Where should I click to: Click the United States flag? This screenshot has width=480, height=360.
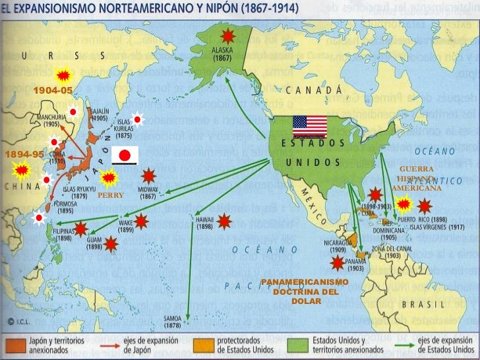pyautogui.click(x=310, y=125)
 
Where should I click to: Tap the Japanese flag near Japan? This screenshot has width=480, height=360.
pyautogui.click(x=124, y=156)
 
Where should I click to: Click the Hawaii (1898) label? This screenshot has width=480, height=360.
pyautogui.click(x=204, y=222)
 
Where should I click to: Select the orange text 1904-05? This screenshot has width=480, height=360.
pyautogui.click(x=53, y=89)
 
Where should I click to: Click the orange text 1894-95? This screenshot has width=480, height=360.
pyautogui.click(x=24, y=154)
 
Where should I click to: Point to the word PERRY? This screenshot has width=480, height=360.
pyautogui.click(x=110, y=195)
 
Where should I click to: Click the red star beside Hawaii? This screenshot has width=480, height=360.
pyautogui.click(x=225, y=220)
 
